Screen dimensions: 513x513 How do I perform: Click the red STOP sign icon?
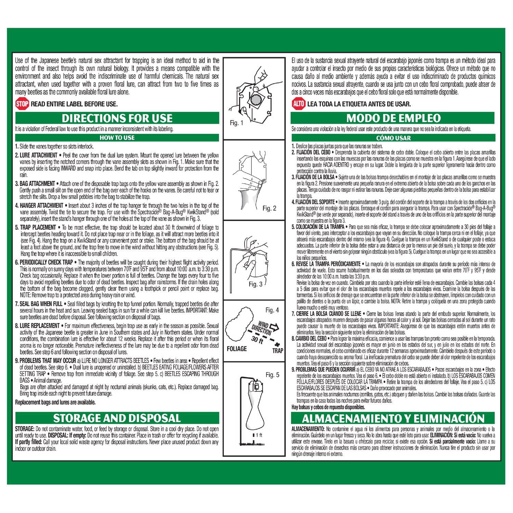[22, 104]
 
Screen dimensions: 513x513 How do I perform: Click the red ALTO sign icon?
[298, 104]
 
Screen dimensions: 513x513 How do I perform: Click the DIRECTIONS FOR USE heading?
[117, 118]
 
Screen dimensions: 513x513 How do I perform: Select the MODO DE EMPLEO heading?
[393, 118]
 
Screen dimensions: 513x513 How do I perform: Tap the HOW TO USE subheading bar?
[117, 138]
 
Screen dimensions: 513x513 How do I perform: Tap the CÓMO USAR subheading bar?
[393, 138]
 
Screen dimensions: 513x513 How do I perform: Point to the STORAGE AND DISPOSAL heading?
[117, 418]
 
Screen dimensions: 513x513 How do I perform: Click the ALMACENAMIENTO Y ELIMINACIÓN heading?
[393, 418]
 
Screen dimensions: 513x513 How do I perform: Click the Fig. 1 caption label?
[237, 123]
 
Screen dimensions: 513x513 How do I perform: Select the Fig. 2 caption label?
[269, 208]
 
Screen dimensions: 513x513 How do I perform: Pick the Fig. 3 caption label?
[255, 284]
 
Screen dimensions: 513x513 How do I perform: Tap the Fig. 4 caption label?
[272, 310]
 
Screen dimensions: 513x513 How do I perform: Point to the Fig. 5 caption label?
[272, 375]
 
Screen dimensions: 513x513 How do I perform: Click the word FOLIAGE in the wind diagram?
[237, 349]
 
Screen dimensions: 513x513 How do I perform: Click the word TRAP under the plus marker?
[277, 351]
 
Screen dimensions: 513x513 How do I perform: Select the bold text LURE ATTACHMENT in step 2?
[38, 155]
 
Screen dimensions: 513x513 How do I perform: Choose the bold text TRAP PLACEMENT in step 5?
[38, 227]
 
